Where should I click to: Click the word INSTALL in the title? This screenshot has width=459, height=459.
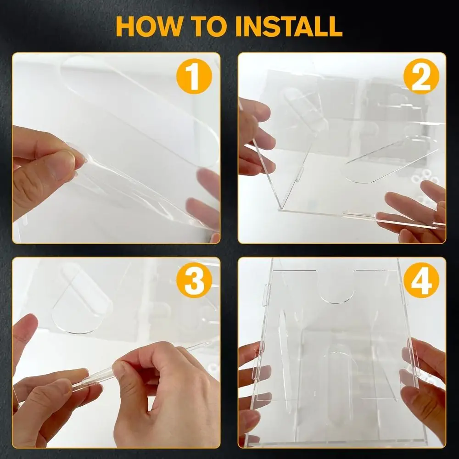click(289, 26)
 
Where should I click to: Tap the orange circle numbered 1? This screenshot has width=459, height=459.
click(194, 76)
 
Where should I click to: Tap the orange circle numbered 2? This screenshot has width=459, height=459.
click(421, 76)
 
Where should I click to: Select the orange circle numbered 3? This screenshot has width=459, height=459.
click(194, 280)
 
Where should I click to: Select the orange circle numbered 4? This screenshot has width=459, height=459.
click(421, 280)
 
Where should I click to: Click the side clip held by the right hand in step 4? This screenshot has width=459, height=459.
click(413, 363)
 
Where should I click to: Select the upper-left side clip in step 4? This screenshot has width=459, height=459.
click(266, 295)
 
